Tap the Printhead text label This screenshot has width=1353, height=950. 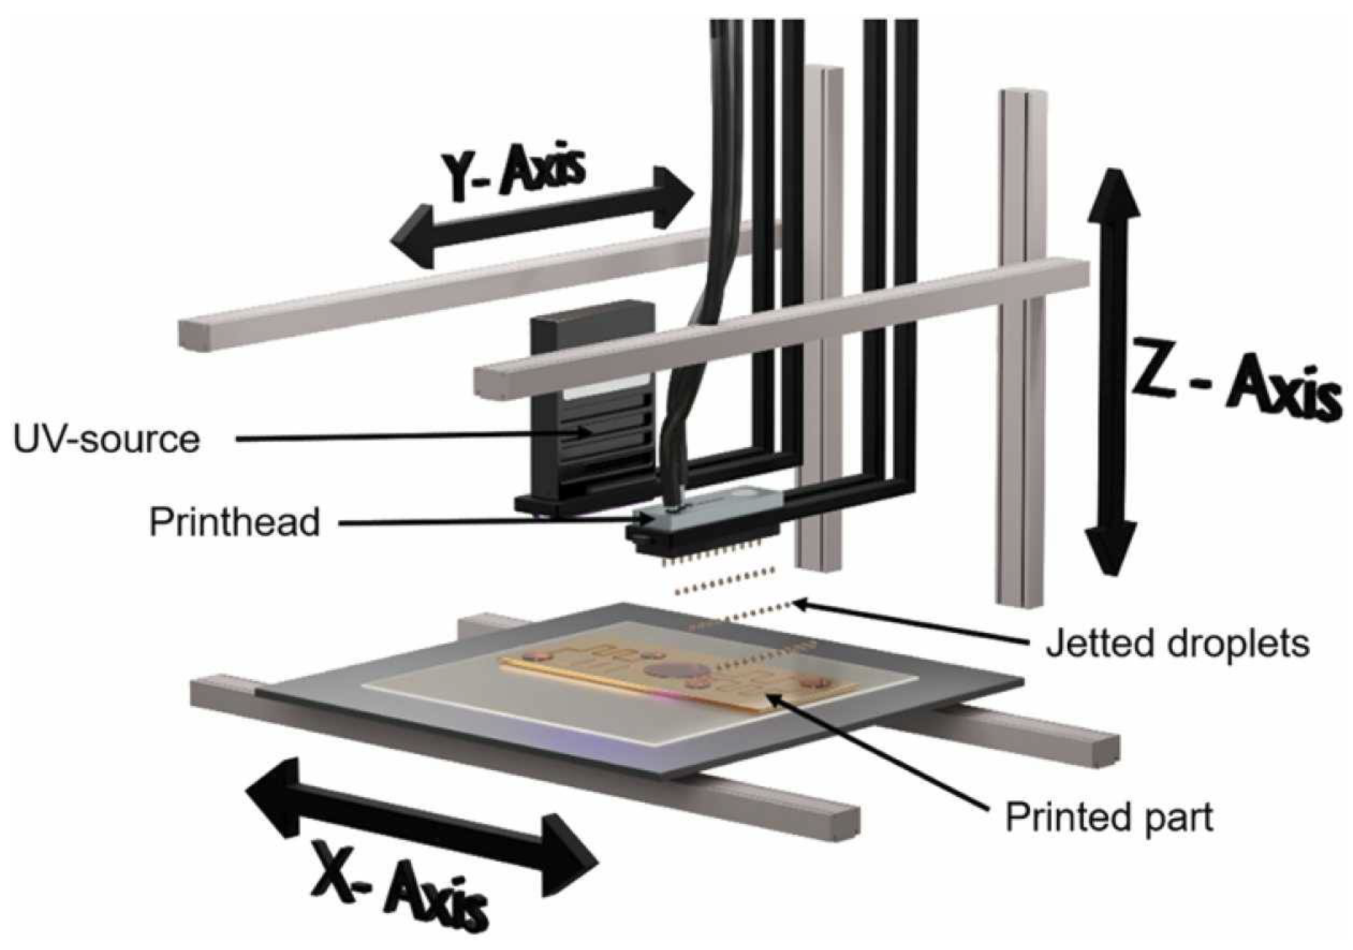(x=235, y=522)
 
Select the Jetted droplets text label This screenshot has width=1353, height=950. (x=1177, y=644)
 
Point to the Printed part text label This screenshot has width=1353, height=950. (x=1109, y=817)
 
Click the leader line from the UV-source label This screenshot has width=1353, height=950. (x=412, y=436)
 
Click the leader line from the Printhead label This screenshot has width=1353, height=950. (x=489, y=521)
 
